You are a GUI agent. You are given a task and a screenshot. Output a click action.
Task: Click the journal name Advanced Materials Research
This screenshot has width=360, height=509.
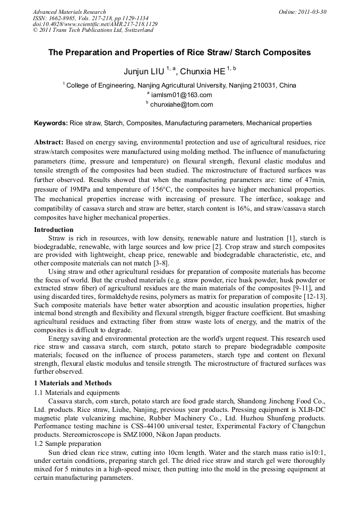pos(69,12)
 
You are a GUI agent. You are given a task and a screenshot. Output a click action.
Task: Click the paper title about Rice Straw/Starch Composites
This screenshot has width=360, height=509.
pos(179,53)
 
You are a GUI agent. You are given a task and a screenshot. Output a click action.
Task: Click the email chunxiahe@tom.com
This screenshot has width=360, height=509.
pos(182,105)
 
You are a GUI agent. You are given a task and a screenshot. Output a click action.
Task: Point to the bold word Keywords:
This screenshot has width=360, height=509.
pos(51,123)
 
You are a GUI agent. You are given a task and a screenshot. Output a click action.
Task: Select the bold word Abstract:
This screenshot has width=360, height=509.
pos(49,143)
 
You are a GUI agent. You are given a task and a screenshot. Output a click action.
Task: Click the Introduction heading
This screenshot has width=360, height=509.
pos(54,230)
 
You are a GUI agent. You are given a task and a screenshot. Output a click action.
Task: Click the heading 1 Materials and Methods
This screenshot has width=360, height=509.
pos(73,383)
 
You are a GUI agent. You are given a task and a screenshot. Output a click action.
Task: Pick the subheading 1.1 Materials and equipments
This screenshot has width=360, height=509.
pos(76,392)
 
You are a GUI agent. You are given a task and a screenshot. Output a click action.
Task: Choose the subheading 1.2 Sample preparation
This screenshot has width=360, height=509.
pos(67,443)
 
